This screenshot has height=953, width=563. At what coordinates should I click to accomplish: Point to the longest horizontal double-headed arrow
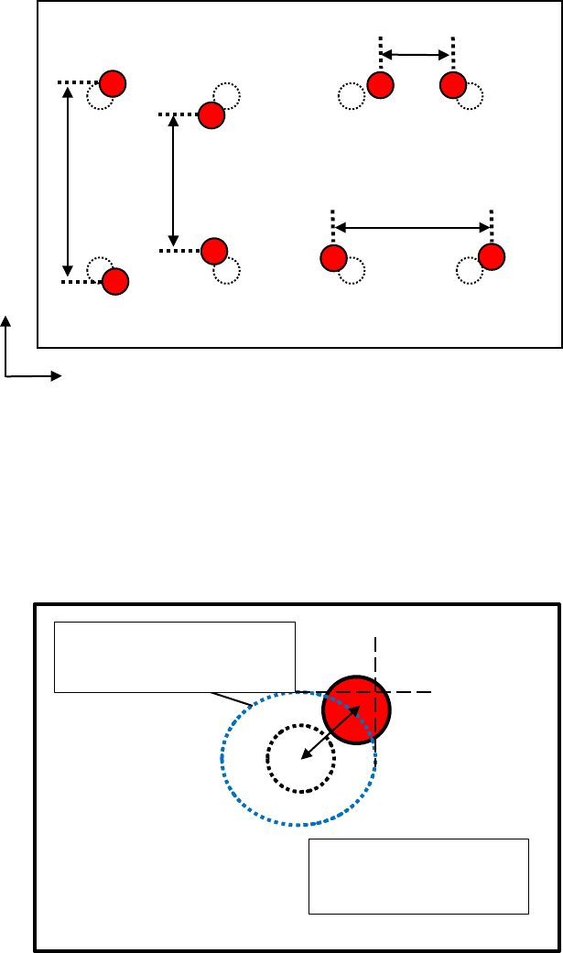click(x=412, y=227)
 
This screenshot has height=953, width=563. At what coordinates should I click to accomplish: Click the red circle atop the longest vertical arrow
click(x=112, y=83)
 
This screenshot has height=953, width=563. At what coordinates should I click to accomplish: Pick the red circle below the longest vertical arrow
click(x=114, y=281)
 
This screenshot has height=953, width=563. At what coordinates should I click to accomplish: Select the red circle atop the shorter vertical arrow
click(x=211, y=115)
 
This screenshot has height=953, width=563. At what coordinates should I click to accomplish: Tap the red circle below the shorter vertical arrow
click(x=214, y=250)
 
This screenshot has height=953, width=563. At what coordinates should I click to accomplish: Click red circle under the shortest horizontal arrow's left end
click(x=380, y=85)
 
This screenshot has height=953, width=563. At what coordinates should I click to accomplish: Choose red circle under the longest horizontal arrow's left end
click(x=333, y=258)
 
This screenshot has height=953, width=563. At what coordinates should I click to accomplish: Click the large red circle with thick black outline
click(x=356, y=709)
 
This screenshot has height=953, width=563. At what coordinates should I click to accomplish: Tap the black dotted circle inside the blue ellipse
click(x=300, y=759)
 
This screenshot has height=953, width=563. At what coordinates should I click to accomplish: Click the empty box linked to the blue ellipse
click(x=175, y=656)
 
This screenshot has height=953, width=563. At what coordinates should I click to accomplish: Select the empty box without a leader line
click(x=418, y=875)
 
